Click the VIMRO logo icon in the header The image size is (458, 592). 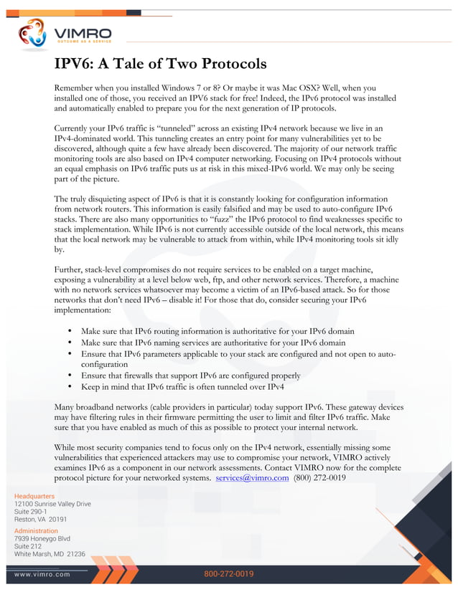(x=32, y=34)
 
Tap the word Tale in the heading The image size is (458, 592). (x=136, y=64)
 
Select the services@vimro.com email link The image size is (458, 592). (x=252, y=477)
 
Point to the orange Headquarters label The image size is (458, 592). (x=34, y=495)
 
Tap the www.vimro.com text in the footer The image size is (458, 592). (x=42, y=574)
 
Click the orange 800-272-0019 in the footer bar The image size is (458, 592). (x=229, y=574)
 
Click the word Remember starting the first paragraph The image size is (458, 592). (x=75, y=87)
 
